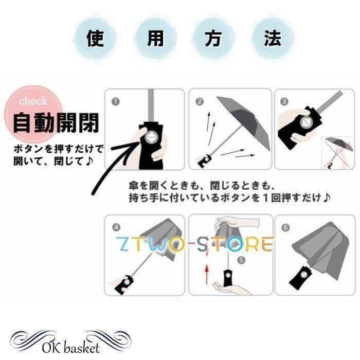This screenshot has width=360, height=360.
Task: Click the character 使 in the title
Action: coord(95,39)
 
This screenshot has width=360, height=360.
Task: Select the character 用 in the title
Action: coord(155,39)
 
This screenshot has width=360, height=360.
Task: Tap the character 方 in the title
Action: coord(213,39)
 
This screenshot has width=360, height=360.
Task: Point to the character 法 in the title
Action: coord(272,39)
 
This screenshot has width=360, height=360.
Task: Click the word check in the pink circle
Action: coord(33,101)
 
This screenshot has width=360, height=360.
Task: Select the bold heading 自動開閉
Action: coord(56,122)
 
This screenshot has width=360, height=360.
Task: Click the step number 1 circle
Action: coord(116,101)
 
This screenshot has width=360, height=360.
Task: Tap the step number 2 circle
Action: coord(200,101)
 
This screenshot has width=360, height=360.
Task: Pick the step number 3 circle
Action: coord(284,101)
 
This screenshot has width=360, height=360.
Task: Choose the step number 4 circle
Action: coord(116,227)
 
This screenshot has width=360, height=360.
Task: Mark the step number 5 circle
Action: coord(241,260)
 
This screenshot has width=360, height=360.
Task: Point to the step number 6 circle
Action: coord(285,227)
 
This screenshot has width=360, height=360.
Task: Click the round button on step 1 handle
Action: coord(151,138)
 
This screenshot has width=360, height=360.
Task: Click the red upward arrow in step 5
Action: coord(207,274)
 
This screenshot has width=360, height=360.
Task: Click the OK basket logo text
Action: coord(71,349)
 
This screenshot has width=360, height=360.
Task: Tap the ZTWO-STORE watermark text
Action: coord(195,244)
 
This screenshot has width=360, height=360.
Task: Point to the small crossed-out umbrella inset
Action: coord(338,152)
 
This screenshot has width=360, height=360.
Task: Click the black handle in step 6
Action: coord(301,278)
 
